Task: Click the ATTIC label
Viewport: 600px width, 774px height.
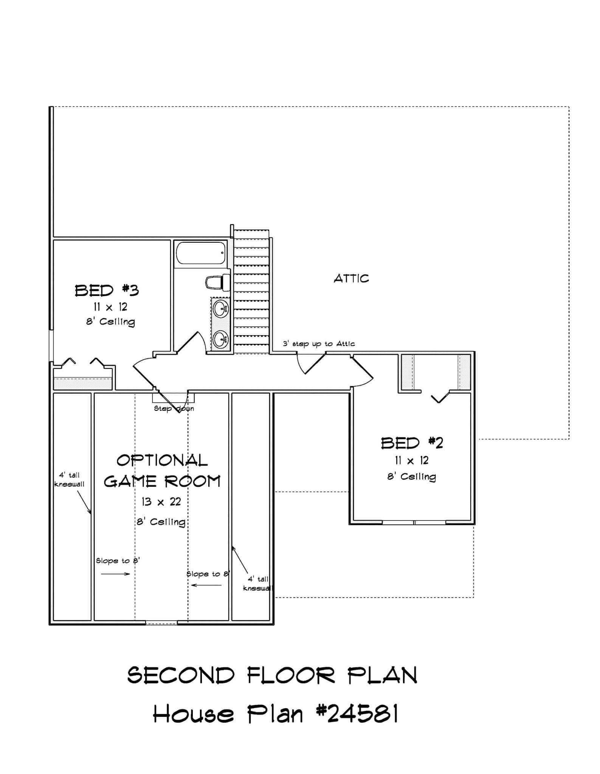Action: [x=351, y=279]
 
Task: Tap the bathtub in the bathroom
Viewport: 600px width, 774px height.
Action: [x=201, y=253]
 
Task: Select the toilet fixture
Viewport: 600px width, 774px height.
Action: [x=217, y=282]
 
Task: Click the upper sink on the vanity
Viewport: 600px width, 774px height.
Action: [x=220, y=309]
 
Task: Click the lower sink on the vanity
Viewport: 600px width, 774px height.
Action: [x=220, y=339]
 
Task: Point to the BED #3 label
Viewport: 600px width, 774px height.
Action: [x=107, y=291]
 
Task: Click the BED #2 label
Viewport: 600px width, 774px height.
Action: [x=412, y=443]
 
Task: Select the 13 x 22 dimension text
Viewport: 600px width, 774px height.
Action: [x=161, y=502]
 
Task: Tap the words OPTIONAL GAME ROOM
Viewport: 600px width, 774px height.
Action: [x=162, y=471]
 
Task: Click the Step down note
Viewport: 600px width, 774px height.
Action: [x=174, y=409]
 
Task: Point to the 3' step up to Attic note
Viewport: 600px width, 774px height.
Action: [x=319, y=344]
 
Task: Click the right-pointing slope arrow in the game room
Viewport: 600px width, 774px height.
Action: [x=115, y=574]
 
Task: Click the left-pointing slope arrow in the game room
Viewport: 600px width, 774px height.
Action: [x=206, y=585]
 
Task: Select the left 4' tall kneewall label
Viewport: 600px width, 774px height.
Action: [x=69, y=480]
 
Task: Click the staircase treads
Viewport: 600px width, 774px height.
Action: [x=251, y=291]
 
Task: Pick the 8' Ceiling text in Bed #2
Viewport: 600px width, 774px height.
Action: [x=411, y=477]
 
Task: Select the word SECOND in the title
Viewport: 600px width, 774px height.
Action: [x=181, y=675]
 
